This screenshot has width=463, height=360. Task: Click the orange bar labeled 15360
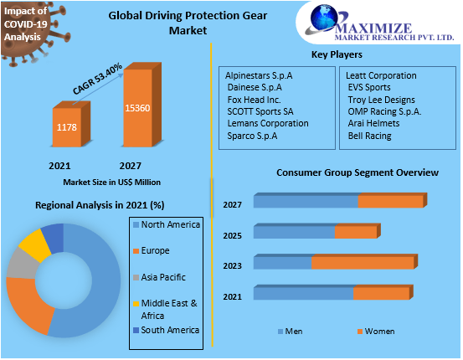pyautogui.click(x=137, y=109)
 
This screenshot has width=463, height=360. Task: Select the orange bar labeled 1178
pyautogui.click(x=67, y=127)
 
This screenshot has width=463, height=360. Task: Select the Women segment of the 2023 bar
pyautogui.click(x=363, y=263)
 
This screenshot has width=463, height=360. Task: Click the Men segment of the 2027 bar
pyautogui.click(x=306, y=202)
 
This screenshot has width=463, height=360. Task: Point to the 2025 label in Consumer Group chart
pyautogui.click(x=232, y=235)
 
